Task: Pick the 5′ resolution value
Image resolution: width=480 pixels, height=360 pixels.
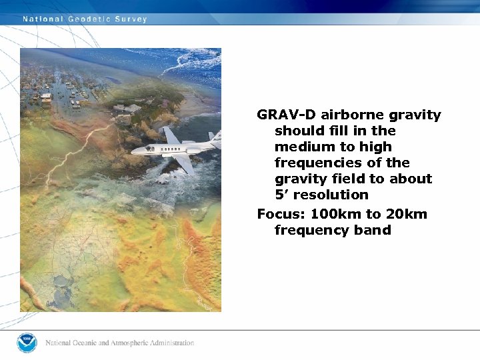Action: click(280, 195)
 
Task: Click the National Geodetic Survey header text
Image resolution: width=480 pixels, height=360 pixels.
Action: click(85, 19)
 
